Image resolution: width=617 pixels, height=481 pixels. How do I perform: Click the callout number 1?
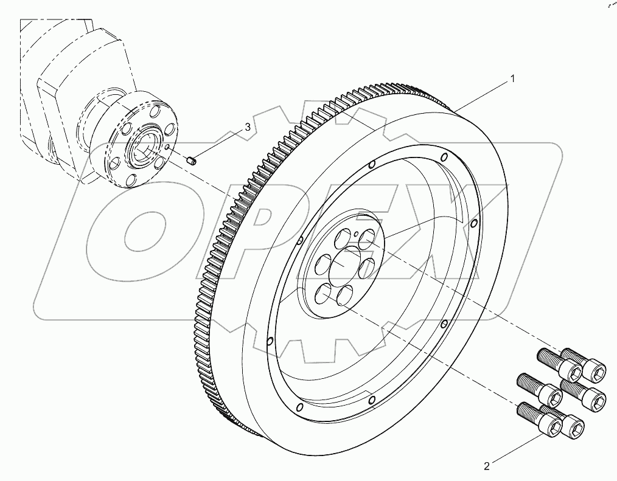coord(512,78)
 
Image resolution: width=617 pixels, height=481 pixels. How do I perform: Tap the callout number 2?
coord(487,466)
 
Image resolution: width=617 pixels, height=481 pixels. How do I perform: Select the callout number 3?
coord(247,127)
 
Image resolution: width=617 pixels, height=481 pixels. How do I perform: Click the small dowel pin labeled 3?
coord(190,161)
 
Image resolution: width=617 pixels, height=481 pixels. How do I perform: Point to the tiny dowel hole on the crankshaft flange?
coord(168,146)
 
